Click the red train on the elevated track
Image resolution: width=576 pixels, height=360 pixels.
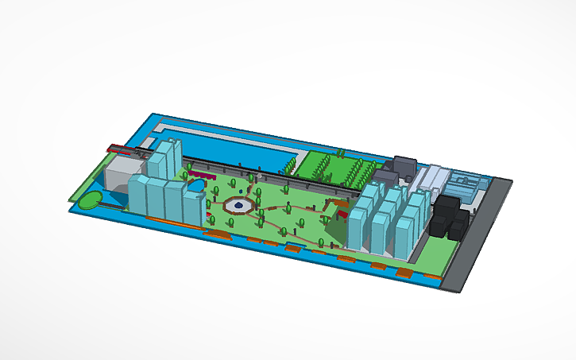[x=121, y=147]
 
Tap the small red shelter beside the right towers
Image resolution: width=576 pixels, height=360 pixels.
[x=342, y=212]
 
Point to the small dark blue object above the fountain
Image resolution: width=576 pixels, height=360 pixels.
[x=241, y=191]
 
